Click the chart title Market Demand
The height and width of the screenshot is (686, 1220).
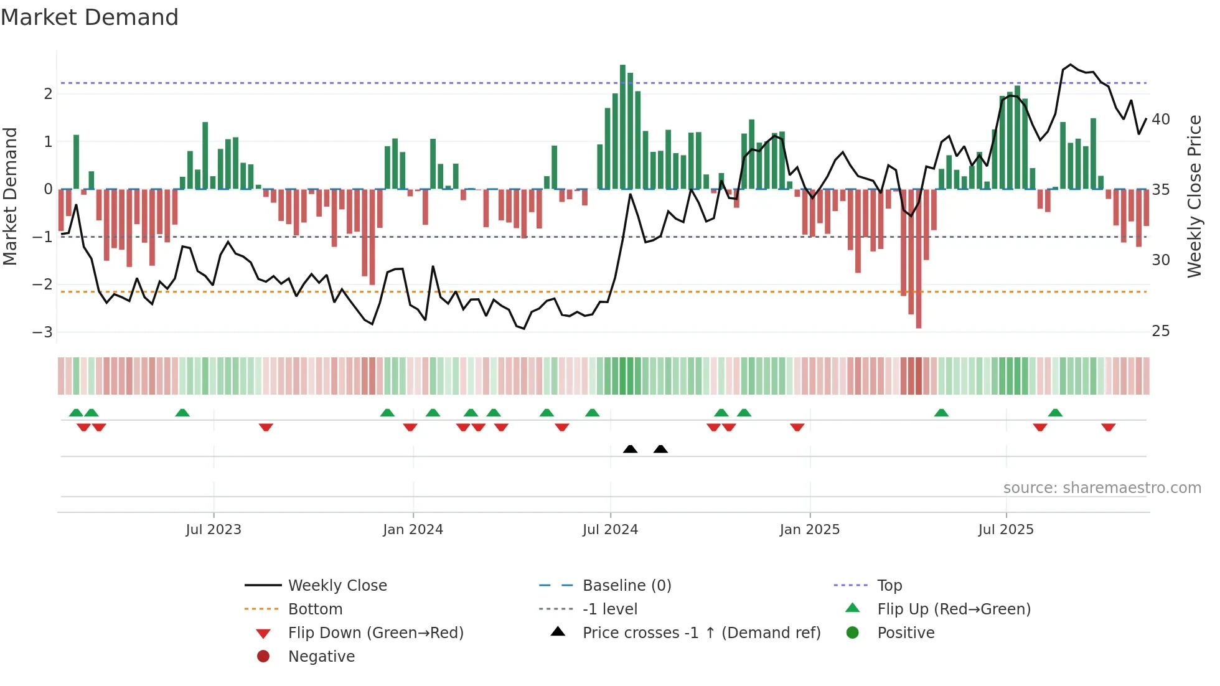90,17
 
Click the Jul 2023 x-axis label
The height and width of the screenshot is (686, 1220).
213,530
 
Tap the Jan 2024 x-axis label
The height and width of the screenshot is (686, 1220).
413,530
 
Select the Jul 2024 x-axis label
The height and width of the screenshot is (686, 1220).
610,530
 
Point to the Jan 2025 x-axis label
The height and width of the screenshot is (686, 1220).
809,530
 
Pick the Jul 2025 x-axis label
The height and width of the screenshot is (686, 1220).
1005,530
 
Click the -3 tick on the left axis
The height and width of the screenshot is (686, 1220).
42,332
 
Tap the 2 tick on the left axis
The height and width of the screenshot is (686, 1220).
48,94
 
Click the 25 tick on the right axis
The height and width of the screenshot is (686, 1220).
1160,331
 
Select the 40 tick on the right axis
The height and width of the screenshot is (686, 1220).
1160,119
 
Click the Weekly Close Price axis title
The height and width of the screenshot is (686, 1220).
1194,196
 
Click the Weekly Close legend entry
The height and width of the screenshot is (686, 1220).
337,585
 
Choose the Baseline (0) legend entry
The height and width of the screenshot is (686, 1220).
626,585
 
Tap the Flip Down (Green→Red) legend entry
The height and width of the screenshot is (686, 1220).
375,632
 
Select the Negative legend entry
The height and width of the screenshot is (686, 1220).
321,656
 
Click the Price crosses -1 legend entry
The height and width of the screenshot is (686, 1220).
701,632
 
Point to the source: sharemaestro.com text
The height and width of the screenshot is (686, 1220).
1102,487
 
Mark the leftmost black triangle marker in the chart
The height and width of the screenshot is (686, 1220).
630,449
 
